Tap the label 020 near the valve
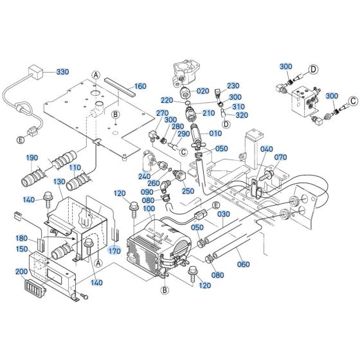[x=203, y=91]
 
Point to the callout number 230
[x=233, y=85]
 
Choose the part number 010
[x=215, y=133]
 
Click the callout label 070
[x=280, y=157]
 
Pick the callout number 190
[x=32, y=158]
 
